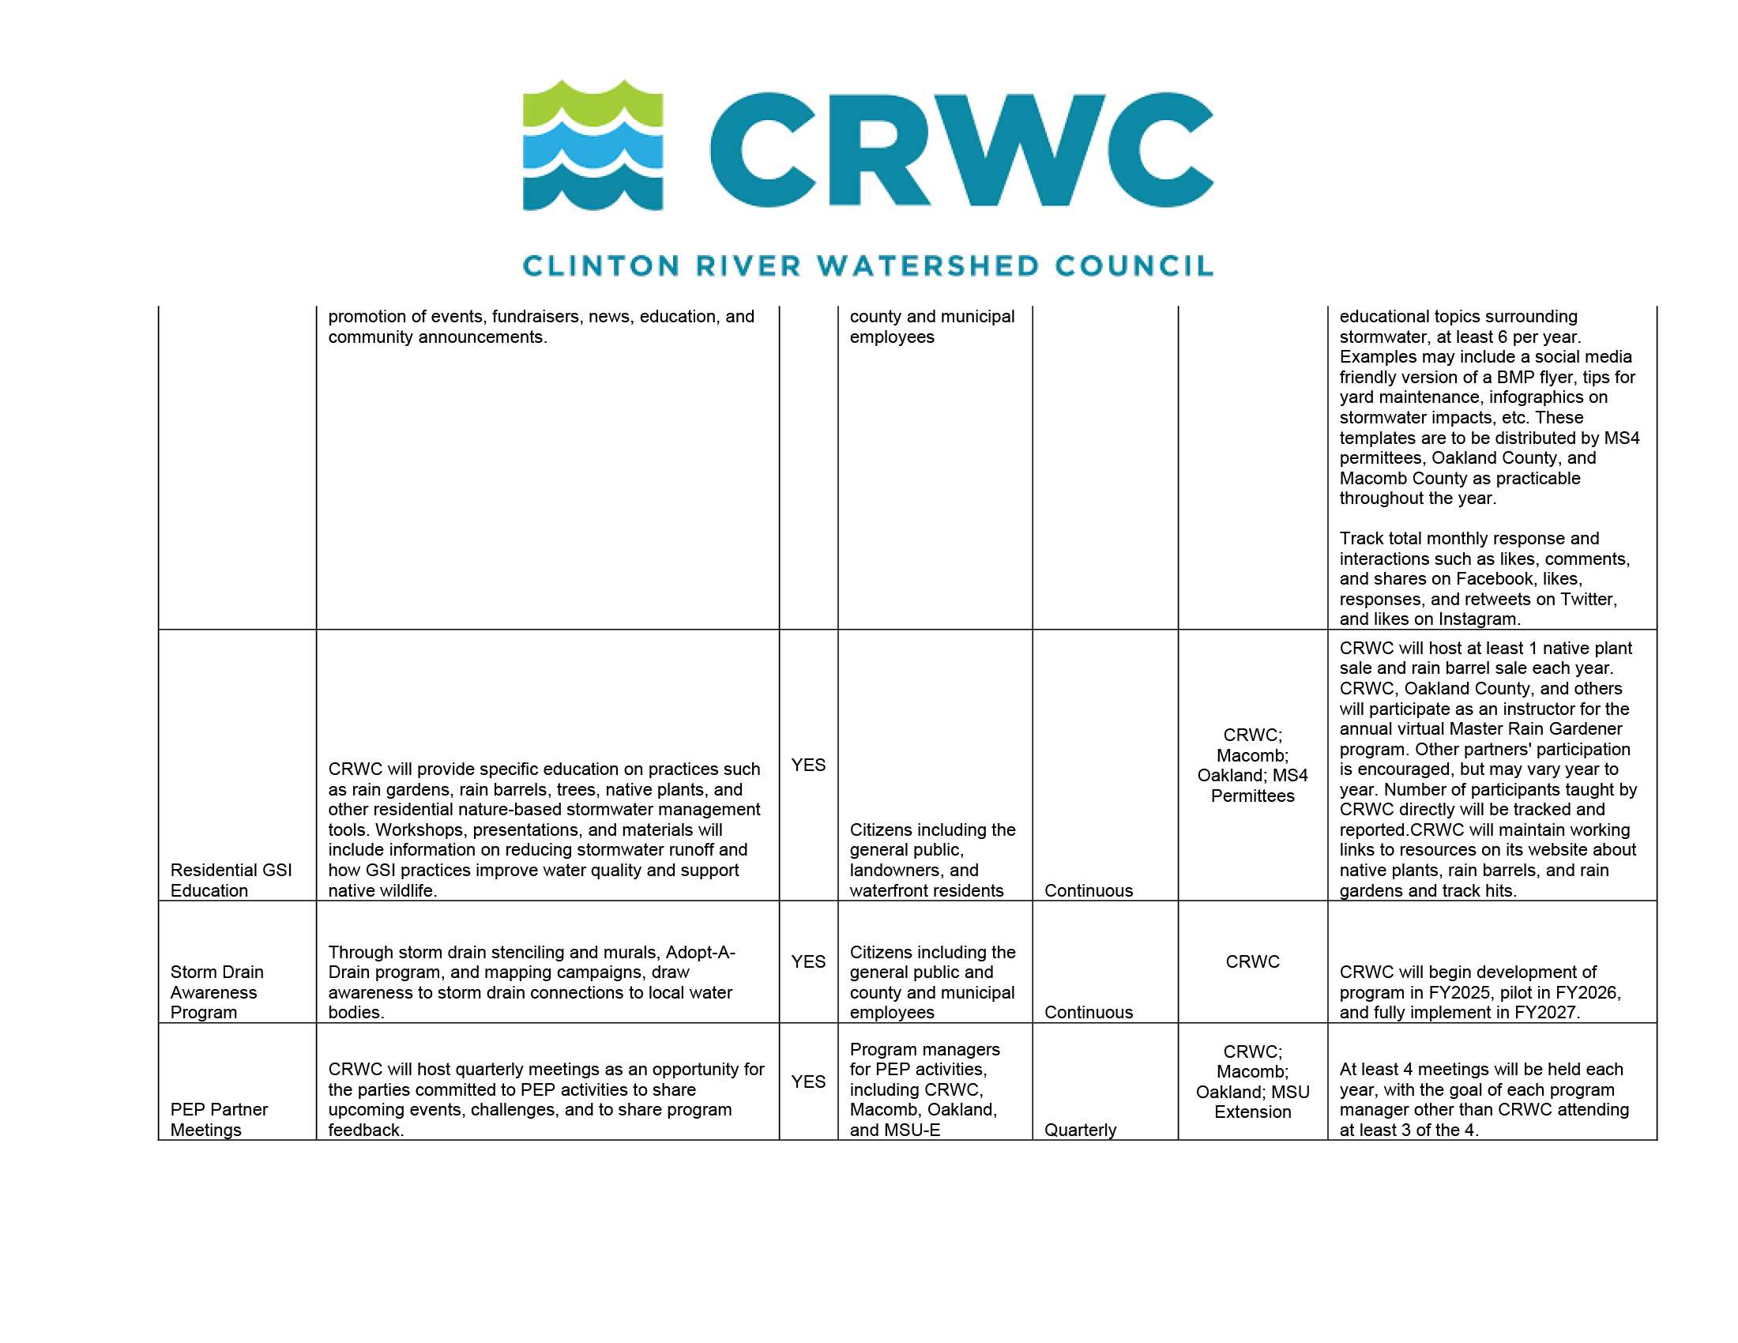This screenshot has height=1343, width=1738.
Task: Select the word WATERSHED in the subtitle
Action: click(x=928, y=265)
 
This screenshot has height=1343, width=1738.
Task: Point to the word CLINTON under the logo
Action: click(x=601, y=265)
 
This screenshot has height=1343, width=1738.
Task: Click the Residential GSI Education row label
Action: click(x=231, y=880)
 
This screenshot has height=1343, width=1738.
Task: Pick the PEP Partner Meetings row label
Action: click(x=219, y=1119)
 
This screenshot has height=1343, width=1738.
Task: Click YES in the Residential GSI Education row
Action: click(x=807, y=765)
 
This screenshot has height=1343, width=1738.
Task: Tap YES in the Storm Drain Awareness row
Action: click(x=807, y=962)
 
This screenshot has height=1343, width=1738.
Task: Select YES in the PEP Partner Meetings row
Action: click(x=807, y=1082)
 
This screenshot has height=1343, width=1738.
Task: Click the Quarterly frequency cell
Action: click(x=1080, y=1130)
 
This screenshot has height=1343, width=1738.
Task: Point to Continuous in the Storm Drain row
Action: click(x=1088, y=1012)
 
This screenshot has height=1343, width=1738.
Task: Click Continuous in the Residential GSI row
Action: click(x=1088, y=890)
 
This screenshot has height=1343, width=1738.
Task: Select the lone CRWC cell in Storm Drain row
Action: click(x=1252, y=962)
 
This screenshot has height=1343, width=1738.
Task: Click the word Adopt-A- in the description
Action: click(x=700, y=953)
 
